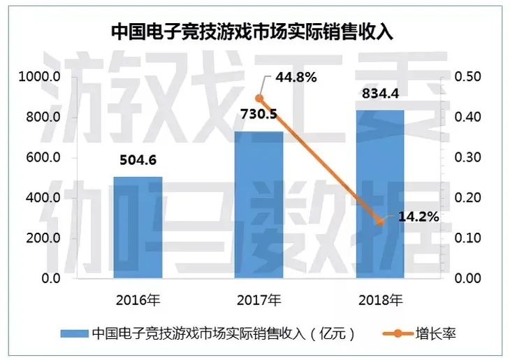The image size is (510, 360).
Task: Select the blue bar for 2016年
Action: tap(138, 227)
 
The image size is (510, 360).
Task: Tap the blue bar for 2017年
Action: tap(258, 204)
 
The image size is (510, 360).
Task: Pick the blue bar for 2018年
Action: tap(380, 194)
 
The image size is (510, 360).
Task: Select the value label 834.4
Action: tap(379, 94)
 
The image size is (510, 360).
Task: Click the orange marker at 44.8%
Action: tap(259, 99)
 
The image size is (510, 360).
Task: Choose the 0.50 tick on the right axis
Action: tap(467, 77)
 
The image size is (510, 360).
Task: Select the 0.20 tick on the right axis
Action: tap(467, 198)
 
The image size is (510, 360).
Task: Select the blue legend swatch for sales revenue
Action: tap(73, 333)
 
